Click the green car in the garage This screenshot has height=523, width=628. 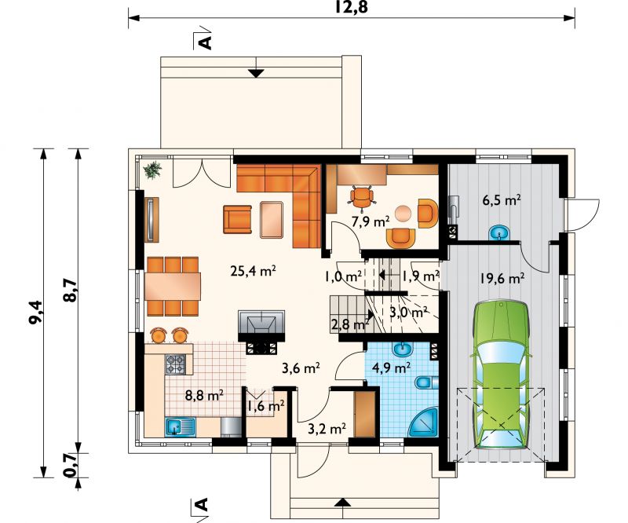(502, 375)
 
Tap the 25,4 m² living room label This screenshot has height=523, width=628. (253, 272)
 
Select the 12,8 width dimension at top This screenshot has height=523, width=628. (351, 6)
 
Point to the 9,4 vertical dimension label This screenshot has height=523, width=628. (36, 313)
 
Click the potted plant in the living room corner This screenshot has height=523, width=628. (152, 170)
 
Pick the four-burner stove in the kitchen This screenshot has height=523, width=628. (175, 364)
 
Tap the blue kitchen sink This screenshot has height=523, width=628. (180, 426)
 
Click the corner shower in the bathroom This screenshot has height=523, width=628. (425, 423)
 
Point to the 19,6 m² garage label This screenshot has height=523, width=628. (502, 278)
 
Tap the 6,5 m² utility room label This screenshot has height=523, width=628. (502, 200)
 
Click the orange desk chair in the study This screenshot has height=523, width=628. (362, 197)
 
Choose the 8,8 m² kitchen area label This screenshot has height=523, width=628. (204, 396)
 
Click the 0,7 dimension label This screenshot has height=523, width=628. (71, 465)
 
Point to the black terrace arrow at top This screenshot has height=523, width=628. (257, 73)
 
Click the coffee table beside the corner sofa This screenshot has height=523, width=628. (272, 220)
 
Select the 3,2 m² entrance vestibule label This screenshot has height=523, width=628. (327, 429)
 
